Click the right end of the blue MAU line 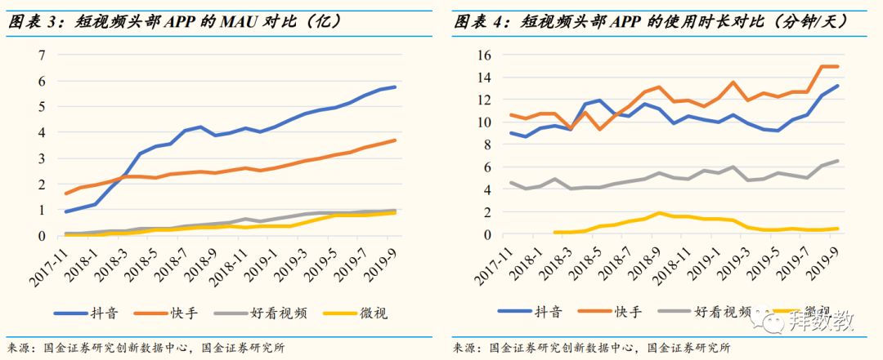pyautogui.click(x=396, y=87)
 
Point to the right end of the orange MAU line pyautogui.click(x=396, y=140)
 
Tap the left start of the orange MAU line pyautogui.click(x=65, y=193)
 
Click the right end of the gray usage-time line pyautogui.click(x=838, y=161)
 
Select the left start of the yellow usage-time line pyautogui.click(x=554, y=233)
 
